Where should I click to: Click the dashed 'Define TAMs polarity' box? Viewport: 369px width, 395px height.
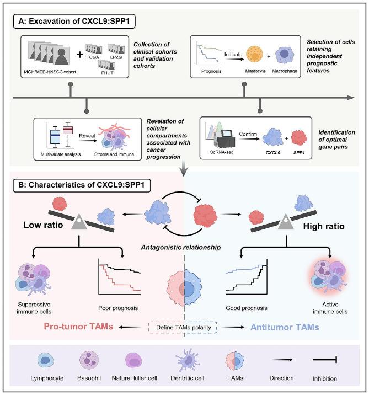pyautogui.click(x=184, y=327)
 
